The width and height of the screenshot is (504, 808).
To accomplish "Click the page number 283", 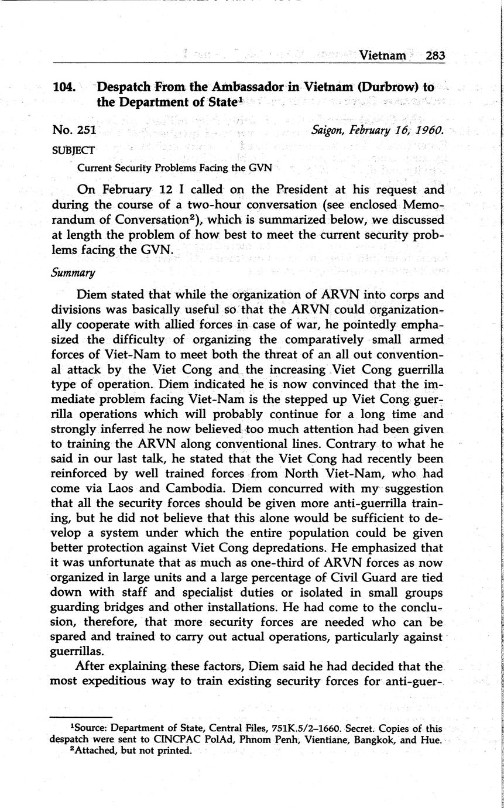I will tap(435, 56).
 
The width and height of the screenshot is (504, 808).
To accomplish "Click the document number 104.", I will tap(64, 88).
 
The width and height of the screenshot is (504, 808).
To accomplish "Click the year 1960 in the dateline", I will tap(429, 130).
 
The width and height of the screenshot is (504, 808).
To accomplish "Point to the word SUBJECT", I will tap(74, 150).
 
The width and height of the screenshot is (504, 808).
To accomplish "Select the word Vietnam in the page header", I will tap(383, 56).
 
